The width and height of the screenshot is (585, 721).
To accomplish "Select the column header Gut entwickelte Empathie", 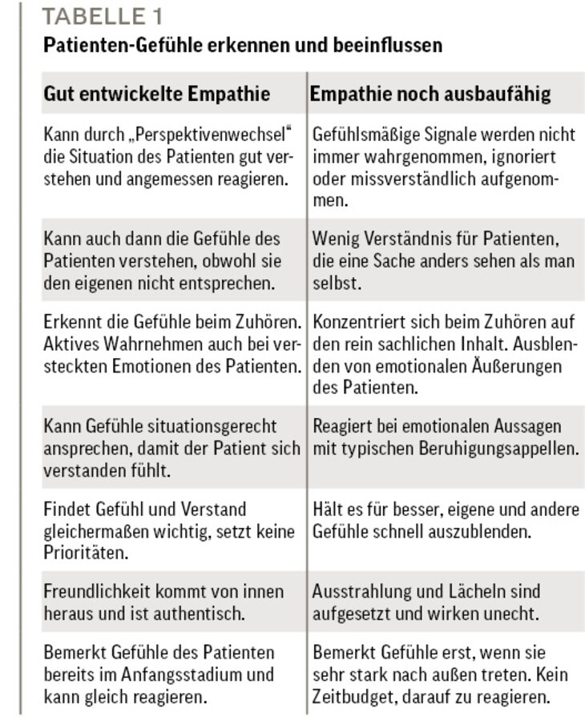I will point(156,94).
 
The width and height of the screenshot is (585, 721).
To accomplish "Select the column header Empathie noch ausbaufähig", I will point(430,94).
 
